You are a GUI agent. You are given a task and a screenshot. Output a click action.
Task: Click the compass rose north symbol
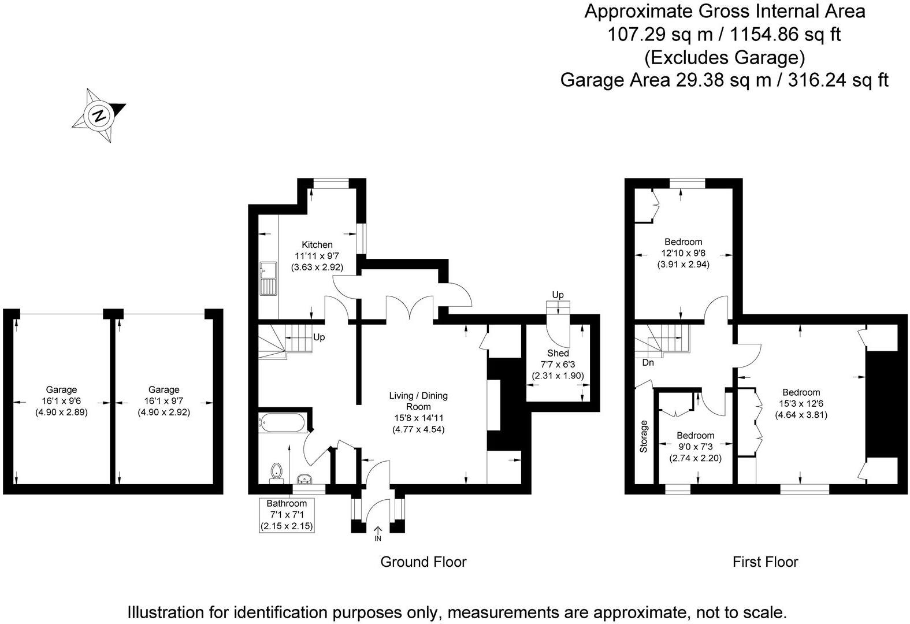click(99, 115)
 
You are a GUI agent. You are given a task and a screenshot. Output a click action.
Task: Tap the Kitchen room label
click(317, 245)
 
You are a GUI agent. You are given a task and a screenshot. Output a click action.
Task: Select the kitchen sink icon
click(268, 278)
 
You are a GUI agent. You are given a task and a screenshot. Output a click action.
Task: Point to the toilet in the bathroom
click(276, 471)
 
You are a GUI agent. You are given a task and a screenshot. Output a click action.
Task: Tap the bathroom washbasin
click(304, 478)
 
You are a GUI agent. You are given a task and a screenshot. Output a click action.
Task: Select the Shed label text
click(558, 353)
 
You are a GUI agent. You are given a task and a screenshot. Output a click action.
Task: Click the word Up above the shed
click(558, 295)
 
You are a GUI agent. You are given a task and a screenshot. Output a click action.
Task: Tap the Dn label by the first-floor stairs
click(648, 363)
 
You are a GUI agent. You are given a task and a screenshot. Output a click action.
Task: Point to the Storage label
click(644, 436)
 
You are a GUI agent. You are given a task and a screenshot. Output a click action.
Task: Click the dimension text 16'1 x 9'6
click(61, 401)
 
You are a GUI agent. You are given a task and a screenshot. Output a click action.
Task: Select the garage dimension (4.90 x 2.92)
click(164, 413)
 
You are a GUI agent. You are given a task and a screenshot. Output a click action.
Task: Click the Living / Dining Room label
click(418, 401)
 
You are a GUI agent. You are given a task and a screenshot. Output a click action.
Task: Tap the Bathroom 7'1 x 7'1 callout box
click(288, 515)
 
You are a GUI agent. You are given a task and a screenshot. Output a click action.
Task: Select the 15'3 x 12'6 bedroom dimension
click(801, 403)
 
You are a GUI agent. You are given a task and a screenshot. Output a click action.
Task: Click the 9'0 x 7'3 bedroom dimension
click(695, 447)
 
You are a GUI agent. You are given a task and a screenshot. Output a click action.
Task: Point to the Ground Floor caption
click(423, 562)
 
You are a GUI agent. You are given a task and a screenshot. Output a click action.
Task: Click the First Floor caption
click(765, 562)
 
